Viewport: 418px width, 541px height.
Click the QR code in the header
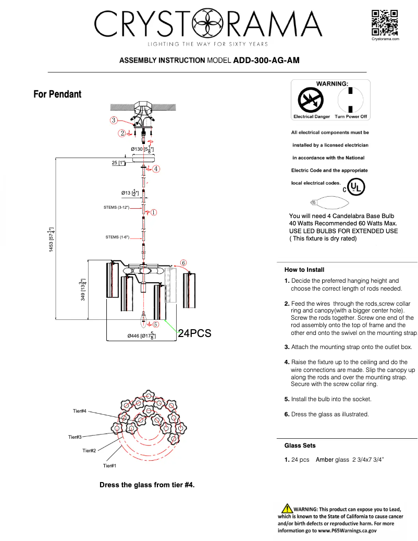click(385, 22)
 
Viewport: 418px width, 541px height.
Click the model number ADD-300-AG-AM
click(266, 61)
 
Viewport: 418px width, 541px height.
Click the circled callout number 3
click(113, 121)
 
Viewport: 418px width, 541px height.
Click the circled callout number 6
click(183, 263)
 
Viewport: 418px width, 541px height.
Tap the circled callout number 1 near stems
click(154, 212)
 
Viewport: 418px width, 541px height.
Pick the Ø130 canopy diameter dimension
click(142, 149)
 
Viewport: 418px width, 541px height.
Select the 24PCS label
click(194, 334)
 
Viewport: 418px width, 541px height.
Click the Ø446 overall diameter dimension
click(141, 335)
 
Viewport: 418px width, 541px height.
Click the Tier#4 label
click(80, 412)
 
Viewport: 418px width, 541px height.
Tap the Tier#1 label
click(109, 465)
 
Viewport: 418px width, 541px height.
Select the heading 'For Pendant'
click(57, 94)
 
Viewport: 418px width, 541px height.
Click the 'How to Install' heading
click(304, 270)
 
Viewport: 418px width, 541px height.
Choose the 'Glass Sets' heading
click(300, 446)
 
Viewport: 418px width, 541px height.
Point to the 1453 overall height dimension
click(51, 241)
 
